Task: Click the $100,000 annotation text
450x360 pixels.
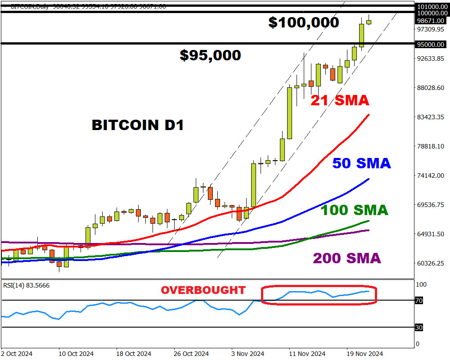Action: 303,22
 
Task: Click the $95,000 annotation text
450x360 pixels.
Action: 210,55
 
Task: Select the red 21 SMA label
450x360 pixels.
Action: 340,101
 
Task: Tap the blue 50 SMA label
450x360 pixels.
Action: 361,163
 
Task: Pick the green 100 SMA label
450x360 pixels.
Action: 354,210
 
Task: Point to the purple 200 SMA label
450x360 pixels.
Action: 346,258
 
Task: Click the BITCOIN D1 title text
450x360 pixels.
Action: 138,125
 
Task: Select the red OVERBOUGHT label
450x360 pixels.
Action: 203,290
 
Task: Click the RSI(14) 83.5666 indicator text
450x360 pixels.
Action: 27,285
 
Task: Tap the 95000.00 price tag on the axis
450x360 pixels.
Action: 431,44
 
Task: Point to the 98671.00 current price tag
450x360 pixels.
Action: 431,21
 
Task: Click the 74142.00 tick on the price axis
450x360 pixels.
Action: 431,175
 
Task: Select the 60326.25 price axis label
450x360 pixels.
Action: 431,263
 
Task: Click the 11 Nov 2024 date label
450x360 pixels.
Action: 307,354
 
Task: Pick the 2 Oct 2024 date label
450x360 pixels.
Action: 17,354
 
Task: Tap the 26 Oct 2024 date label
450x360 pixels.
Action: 192,354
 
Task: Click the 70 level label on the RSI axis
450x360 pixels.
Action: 418,301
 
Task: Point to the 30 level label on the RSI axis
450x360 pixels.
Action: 418,328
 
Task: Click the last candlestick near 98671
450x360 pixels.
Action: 369,22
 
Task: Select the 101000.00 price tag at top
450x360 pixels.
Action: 431,7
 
